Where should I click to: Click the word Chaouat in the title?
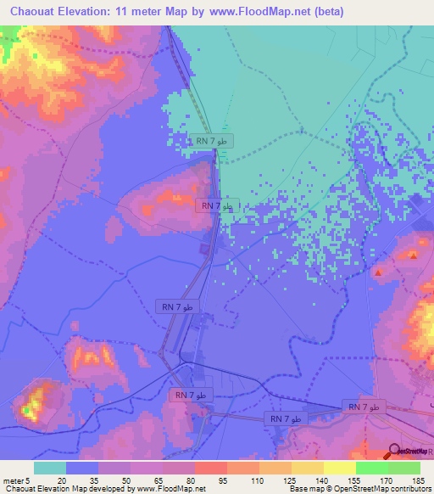(x=33, y=12)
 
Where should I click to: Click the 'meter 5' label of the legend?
(x=16, y=480)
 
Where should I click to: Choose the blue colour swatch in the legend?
(x=82, y=467)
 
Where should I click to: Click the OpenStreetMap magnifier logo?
(x=395, y=452)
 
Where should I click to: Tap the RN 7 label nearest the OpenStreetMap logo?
(x=364, y=408)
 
